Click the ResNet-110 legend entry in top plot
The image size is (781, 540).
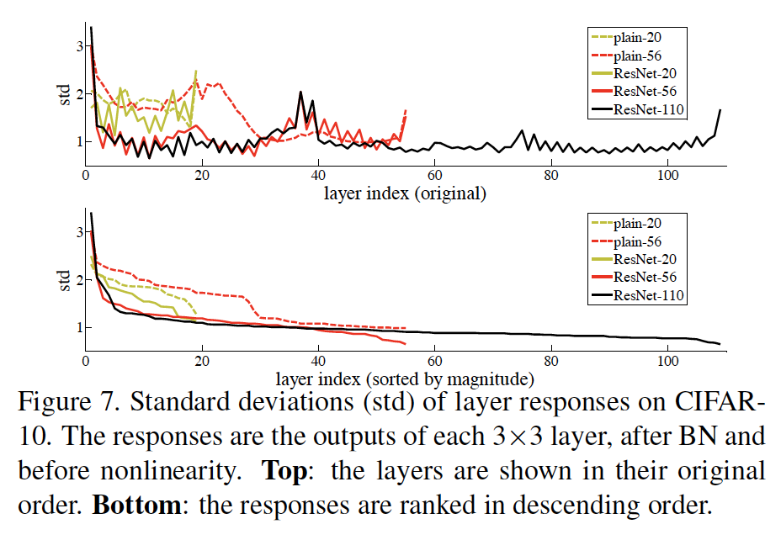648,109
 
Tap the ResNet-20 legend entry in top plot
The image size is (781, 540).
646,74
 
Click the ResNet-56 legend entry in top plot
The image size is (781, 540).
646,92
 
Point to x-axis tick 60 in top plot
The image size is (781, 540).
435,176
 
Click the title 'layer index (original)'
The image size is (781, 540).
405,193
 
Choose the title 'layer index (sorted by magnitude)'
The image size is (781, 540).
405,378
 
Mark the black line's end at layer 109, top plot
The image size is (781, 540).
720,110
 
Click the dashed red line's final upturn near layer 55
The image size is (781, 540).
406,111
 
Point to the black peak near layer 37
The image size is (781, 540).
300,93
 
